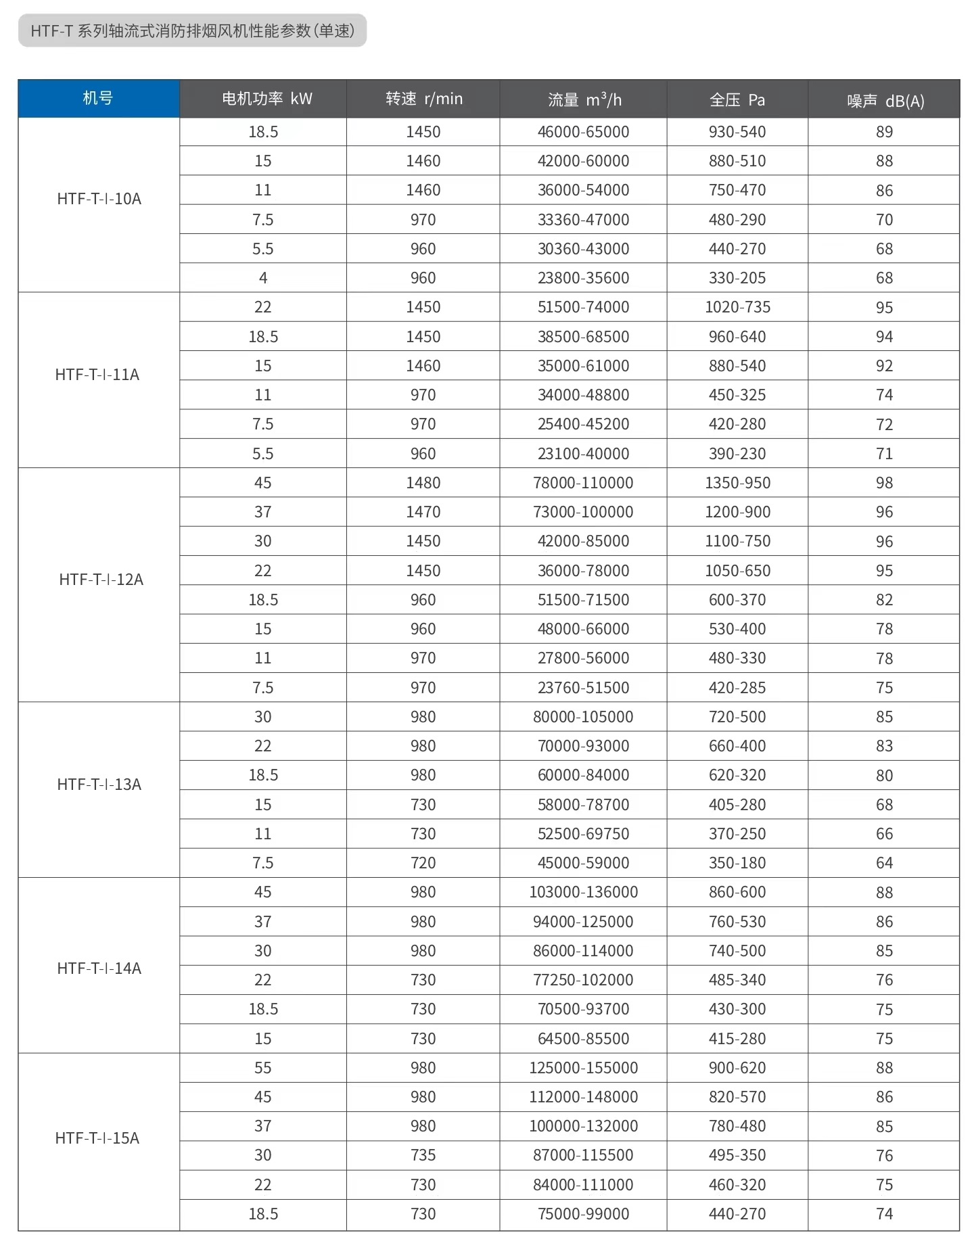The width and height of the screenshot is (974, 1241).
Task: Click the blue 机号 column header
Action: [98, 99]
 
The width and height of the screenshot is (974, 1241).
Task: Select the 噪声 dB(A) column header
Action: [885, 101]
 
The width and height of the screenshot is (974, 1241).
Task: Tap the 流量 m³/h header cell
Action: [584, 100]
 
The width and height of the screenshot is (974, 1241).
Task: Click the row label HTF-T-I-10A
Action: [99, 199]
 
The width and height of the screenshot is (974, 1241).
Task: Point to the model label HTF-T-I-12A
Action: [101, 580]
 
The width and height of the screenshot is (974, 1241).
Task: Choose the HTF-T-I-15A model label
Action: [97, 1138]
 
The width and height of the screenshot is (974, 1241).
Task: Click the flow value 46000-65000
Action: [583, 132]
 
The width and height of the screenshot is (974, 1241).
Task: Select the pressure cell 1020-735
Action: [737, 307]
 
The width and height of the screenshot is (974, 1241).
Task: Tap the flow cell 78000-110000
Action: [583, 483]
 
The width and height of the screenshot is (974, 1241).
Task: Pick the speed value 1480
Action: [423, 483]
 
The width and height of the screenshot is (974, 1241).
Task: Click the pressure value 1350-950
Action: [737, 483]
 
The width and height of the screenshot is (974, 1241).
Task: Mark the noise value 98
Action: [884, 483]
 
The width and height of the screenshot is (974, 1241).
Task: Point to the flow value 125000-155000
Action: [583, 1068]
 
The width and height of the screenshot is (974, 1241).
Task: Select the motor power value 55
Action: [262, 1068]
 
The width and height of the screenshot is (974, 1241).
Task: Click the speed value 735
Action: [423, 1155]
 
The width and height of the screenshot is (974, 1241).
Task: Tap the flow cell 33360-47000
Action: [583, 220]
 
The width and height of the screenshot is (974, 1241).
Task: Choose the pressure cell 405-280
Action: [737, 805]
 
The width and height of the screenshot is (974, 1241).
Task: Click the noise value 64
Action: [884, 863]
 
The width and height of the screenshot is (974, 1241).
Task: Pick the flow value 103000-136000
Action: [583, 892]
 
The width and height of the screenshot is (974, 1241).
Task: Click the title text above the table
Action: [192, 30]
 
